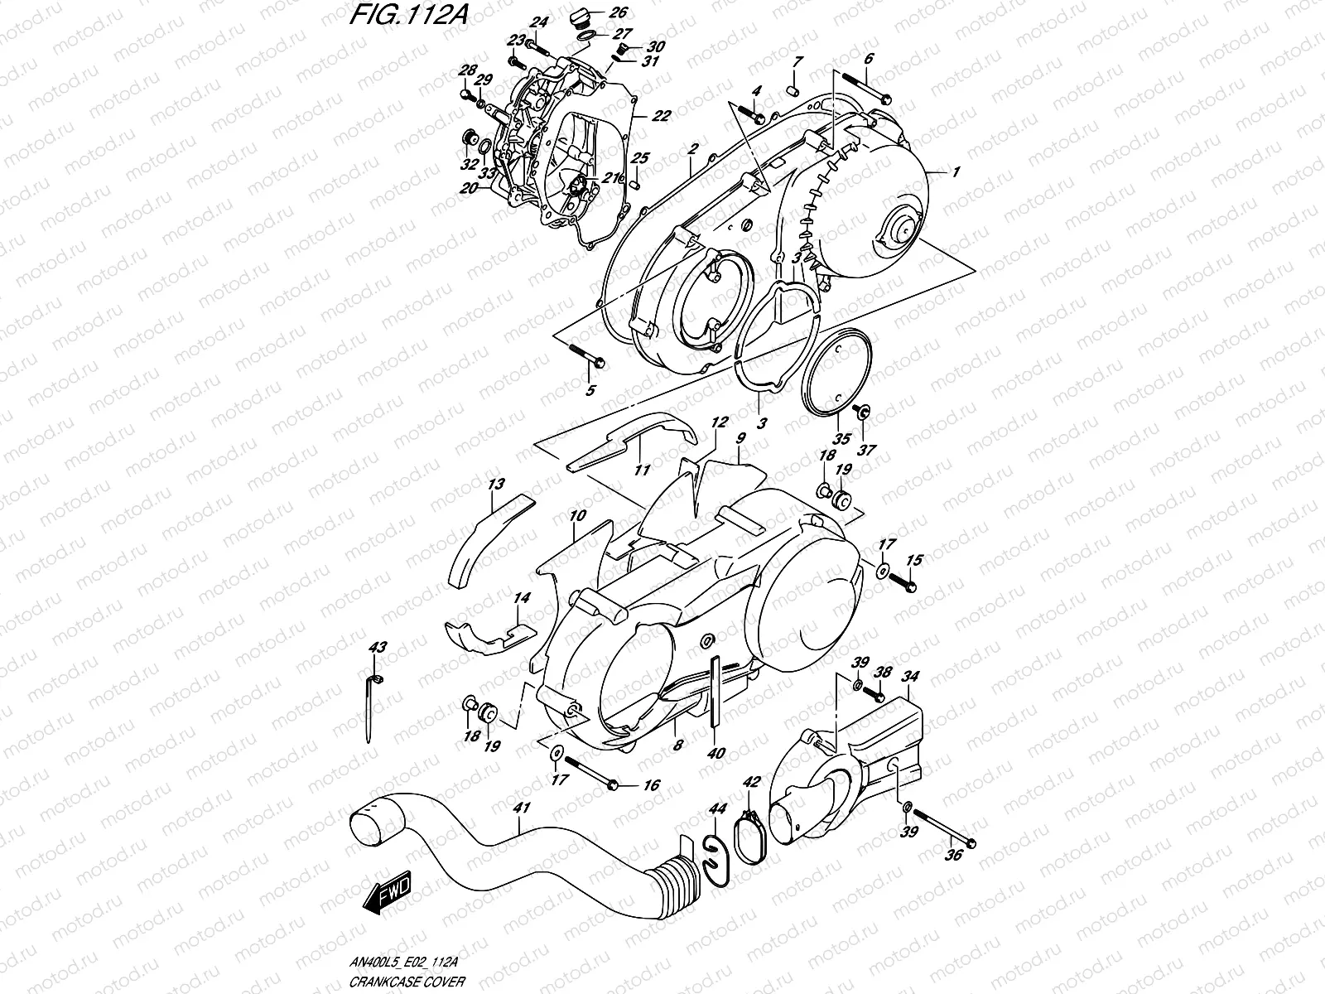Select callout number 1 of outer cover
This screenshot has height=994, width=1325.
click(956, 171)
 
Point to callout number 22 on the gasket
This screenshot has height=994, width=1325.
click(660, 117)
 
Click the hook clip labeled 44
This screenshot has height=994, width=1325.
click(714, 857)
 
